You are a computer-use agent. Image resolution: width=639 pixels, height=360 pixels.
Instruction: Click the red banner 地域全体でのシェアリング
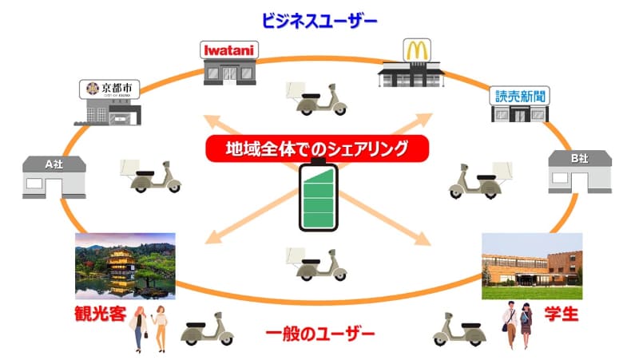coord(317,148)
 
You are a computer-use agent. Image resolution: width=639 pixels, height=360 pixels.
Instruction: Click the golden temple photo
coord(125,266)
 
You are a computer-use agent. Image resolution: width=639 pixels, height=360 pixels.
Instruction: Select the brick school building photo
coord(532,266)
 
